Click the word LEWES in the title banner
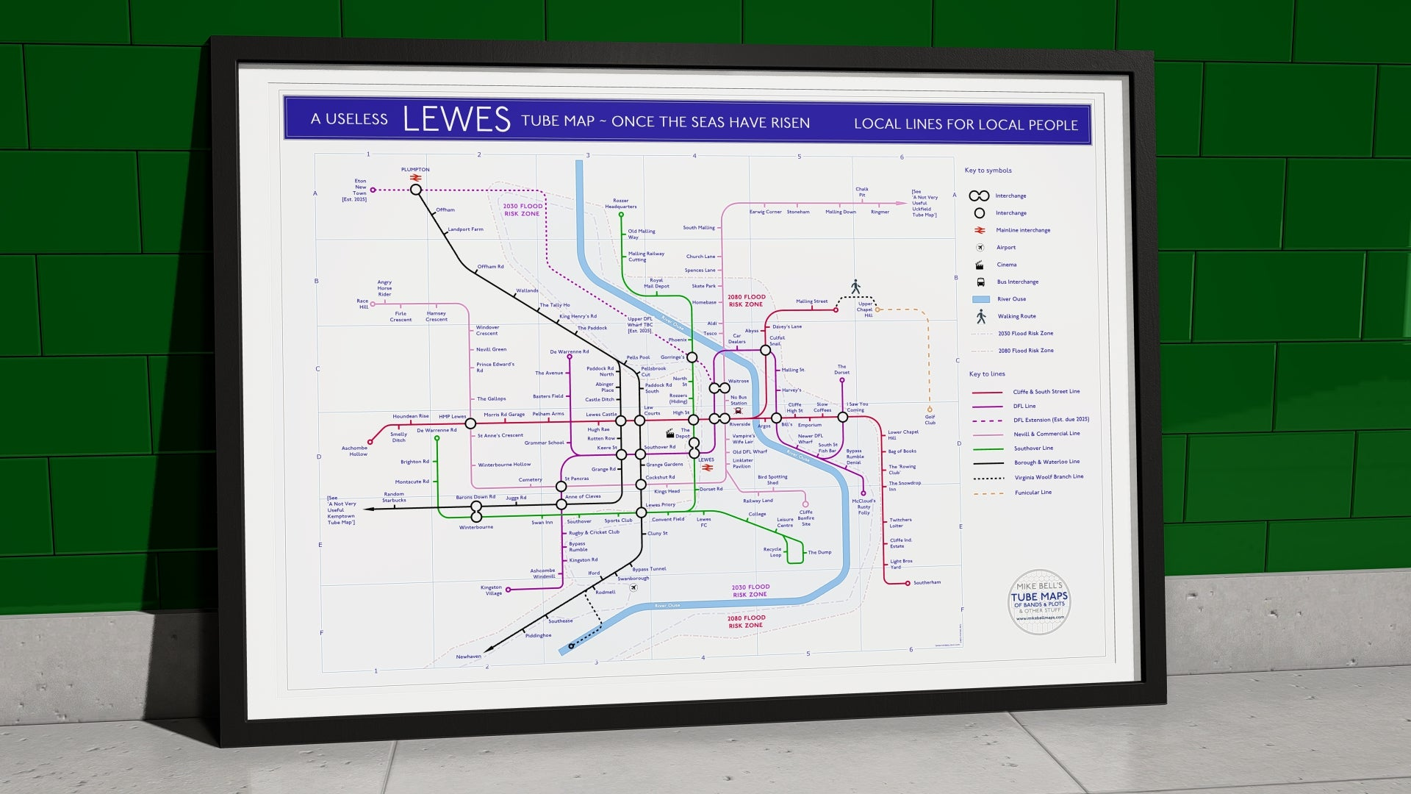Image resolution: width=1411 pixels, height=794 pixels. pos(456,119)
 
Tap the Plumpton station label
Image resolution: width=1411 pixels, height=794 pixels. pos(415,170)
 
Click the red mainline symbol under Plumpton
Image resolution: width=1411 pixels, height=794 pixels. pos(415,178)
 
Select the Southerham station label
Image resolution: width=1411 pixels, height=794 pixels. pos(927,583)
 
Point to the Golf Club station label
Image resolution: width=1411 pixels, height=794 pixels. pos(930,420)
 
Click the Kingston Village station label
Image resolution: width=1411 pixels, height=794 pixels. pos(492,590)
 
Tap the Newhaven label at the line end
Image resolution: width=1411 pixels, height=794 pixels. pos(468,657)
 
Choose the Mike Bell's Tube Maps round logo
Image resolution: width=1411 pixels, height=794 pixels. pos(1039,602)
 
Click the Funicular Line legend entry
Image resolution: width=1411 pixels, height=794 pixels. pos(1033,493)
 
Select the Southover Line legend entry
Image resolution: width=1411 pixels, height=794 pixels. pos(1033,448)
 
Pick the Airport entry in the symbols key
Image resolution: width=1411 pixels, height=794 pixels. pos(1005,248)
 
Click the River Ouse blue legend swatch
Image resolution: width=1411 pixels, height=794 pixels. pos(980,299)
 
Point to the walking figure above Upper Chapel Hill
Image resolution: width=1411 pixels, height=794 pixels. pos(855,286)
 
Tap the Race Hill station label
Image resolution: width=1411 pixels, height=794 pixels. pos(363,304)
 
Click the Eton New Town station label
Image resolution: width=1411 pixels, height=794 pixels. pos(359,190)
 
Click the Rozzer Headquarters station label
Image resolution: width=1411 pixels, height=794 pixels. pos(621,204)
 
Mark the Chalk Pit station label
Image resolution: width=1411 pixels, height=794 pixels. pos(862,192)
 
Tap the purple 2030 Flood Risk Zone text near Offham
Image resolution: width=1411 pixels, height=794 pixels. pos(523,210)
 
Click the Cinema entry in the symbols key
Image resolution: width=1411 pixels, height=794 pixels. pos(1006,265)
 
